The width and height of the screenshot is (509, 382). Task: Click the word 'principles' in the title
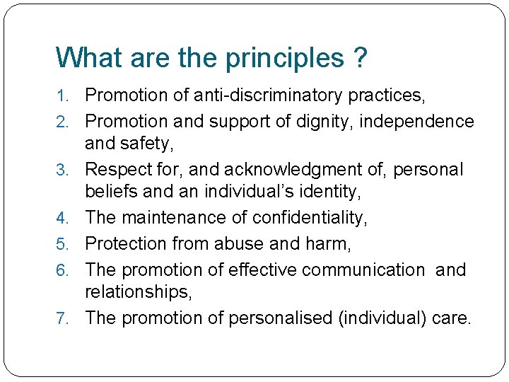click(284, 59)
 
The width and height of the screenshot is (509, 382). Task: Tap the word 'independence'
click(417, 121)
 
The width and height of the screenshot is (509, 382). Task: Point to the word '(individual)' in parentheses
click(382, 318)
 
